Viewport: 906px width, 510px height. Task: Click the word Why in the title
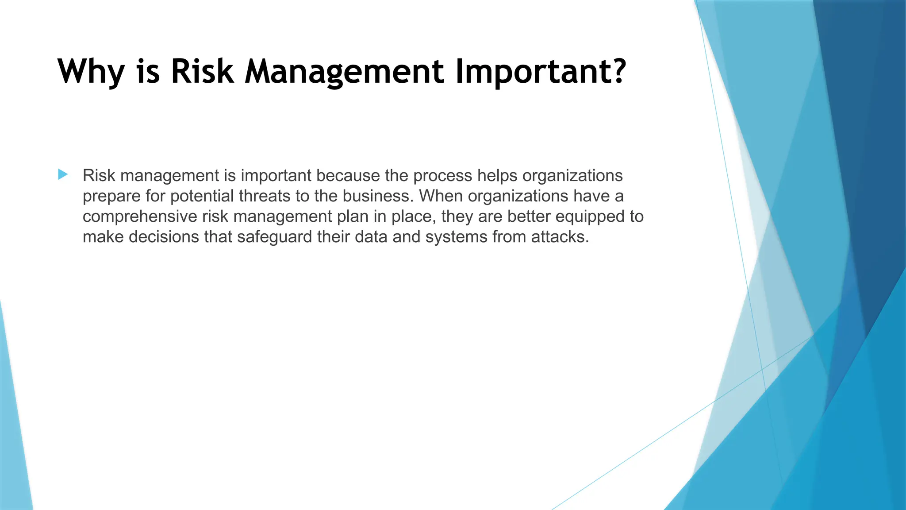point(91,72)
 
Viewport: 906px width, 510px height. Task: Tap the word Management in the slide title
point(344,72)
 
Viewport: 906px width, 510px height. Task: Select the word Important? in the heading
point(541,72)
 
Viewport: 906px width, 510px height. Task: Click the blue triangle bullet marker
point(63,174)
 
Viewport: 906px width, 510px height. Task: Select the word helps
point(497,176)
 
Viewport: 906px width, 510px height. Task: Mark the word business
point(379,196)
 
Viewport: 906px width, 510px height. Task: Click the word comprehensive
point(140,216)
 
